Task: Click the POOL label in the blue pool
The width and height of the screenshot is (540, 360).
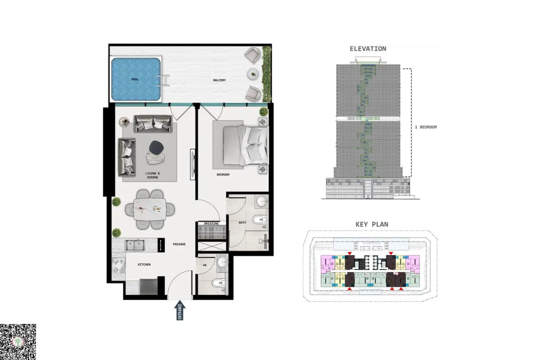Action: click(135, 79)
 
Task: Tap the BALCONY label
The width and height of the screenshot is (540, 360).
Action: click(220, 80)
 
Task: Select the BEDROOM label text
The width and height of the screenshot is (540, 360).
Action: click(223, 175)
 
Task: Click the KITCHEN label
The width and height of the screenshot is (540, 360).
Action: click(144, 265)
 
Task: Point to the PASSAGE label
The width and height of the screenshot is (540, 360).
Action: click(180, 244)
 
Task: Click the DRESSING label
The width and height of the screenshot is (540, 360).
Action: click(211, 224)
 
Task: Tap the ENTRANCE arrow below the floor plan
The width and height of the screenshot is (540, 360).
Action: click(180, 310)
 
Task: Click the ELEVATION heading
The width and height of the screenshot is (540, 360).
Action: click(368, 49)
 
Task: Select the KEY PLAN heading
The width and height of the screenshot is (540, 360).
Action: click(372, 225)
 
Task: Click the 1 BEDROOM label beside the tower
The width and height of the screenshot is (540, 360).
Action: click(426, 127)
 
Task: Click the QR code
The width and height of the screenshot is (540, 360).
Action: click(18, 342)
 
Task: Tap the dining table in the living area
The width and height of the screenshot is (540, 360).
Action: click(150, 209)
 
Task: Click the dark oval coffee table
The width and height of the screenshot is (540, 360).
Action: click(157, 147)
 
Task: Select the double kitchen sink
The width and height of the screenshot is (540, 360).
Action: click(135, 245)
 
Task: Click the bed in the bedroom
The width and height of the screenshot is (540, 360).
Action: click(246, 146)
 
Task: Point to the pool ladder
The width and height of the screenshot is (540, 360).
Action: click(162, 80)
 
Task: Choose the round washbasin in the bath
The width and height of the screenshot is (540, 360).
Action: click(261, 202)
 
